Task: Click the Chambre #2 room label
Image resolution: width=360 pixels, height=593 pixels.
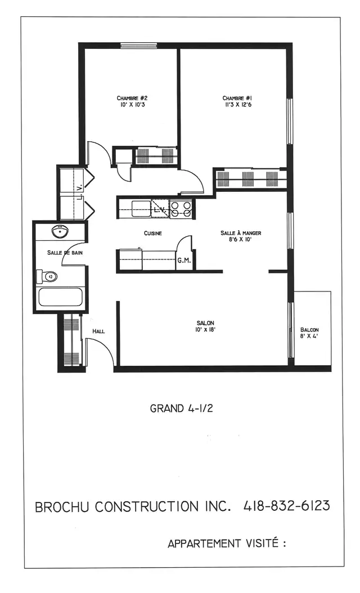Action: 132,97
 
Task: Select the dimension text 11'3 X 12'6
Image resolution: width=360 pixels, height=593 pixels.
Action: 236,105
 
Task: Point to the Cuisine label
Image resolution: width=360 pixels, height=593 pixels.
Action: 153,233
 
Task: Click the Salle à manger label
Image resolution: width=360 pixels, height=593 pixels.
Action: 241,232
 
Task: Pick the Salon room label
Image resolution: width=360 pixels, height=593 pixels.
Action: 204,322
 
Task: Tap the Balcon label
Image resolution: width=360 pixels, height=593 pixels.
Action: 309,330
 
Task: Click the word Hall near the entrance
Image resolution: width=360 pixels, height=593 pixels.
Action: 98,331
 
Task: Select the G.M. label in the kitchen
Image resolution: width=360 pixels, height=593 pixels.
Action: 184,260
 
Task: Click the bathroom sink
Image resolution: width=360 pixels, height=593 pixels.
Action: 60,232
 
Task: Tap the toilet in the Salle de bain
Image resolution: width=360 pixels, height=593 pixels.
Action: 47,277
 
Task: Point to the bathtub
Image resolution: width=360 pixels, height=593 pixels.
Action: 60,297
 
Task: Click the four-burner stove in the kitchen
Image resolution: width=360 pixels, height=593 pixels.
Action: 181,209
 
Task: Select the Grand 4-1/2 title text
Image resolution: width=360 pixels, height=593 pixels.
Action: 181,408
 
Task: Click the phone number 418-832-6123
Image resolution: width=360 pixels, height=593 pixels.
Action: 286,506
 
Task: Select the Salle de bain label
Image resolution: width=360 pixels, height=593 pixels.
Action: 65,253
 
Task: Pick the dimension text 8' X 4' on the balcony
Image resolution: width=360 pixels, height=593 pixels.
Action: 309,337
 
